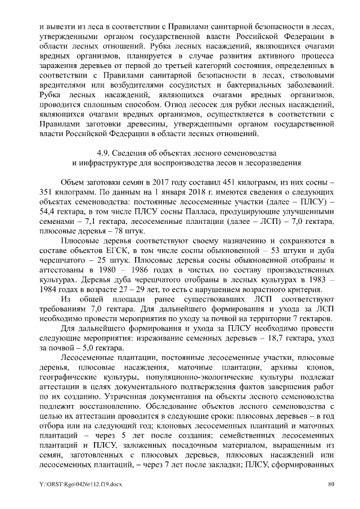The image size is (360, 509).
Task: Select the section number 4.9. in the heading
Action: point(104,152)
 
